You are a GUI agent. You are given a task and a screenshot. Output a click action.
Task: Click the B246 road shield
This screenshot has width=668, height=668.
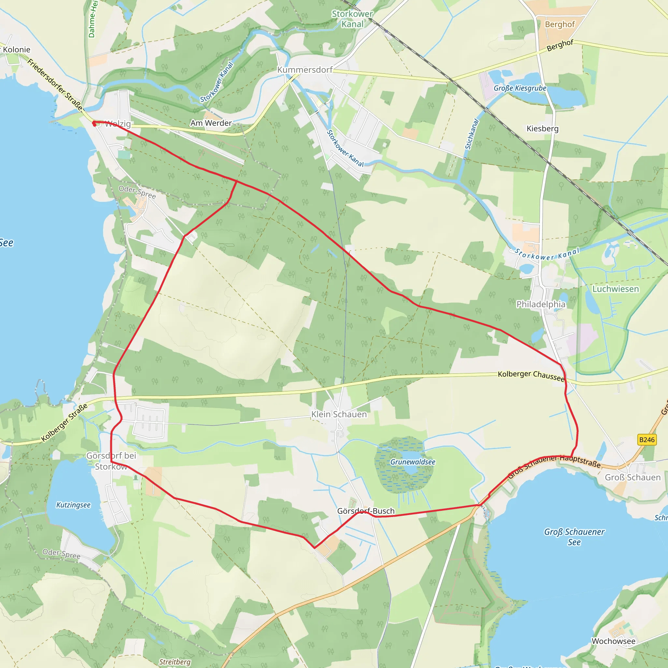(x=647, y=440)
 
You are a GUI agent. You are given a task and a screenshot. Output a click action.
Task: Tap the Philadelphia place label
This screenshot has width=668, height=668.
(x=541, y=304)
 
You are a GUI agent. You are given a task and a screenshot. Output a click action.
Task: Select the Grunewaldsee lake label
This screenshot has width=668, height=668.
(x=413, y=462)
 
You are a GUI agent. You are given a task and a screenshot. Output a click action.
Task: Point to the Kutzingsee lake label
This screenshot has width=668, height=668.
(x=73, y=505)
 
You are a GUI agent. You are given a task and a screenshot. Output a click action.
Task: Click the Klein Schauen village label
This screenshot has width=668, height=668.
(x=339, y=414)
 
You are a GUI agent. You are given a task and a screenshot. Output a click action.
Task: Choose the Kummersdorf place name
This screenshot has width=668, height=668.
(x=305, y=70)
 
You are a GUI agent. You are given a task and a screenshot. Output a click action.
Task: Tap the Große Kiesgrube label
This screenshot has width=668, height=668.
(x=520, y=88)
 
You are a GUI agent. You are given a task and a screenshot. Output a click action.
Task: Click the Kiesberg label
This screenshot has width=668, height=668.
(x=542, y=129)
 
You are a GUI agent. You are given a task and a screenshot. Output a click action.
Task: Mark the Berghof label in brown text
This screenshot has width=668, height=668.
(x=559, y=24)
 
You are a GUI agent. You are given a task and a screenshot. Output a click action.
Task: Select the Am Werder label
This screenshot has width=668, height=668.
(x=211, y=123)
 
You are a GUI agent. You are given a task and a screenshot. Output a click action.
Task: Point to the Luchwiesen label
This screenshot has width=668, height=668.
(x=615, y=289)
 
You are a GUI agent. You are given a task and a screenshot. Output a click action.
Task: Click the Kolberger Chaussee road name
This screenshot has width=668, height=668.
(x=531, y=375)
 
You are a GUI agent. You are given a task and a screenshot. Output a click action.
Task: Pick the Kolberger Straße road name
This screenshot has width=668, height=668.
(x=64, y=422)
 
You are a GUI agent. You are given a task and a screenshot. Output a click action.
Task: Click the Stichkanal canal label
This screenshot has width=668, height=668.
(x=472, y=134)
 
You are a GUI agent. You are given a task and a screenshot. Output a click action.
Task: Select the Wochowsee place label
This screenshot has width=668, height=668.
(x=614, y=641)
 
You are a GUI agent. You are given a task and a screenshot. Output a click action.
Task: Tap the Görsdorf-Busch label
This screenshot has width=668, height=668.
(x=366, y=511)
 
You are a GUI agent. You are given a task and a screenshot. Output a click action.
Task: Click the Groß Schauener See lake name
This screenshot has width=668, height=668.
(x=574, y=537)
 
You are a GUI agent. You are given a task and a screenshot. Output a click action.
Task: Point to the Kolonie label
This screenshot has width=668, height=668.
(x=17, y=50)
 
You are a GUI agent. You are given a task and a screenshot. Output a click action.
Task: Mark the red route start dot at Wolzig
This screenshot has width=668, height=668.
(x=94, y=123)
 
